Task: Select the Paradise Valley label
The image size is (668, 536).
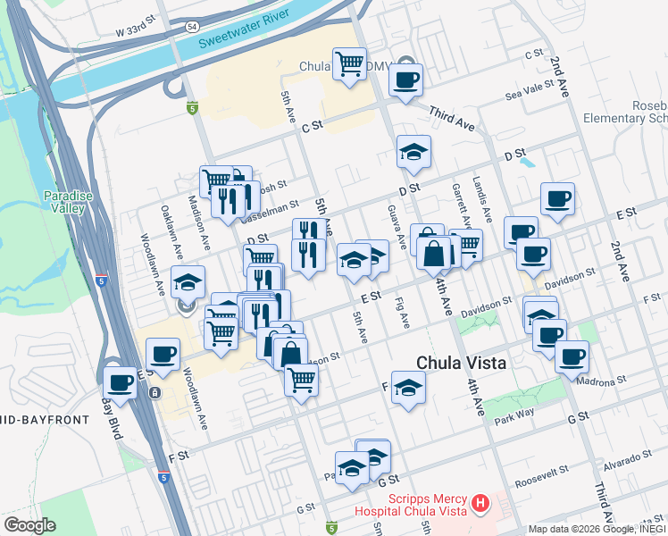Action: pos(63,202)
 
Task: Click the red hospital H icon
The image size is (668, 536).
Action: pos(481,503)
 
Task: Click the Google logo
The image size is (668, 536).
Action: pos(29,525)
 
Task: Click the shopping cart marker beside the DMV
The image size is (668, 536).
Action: pos(349,63)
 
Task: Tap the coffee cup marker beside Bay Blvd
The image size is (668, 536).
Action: pos(121,383)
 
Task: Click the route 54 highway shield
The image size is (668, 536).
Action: pos(194,27)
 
